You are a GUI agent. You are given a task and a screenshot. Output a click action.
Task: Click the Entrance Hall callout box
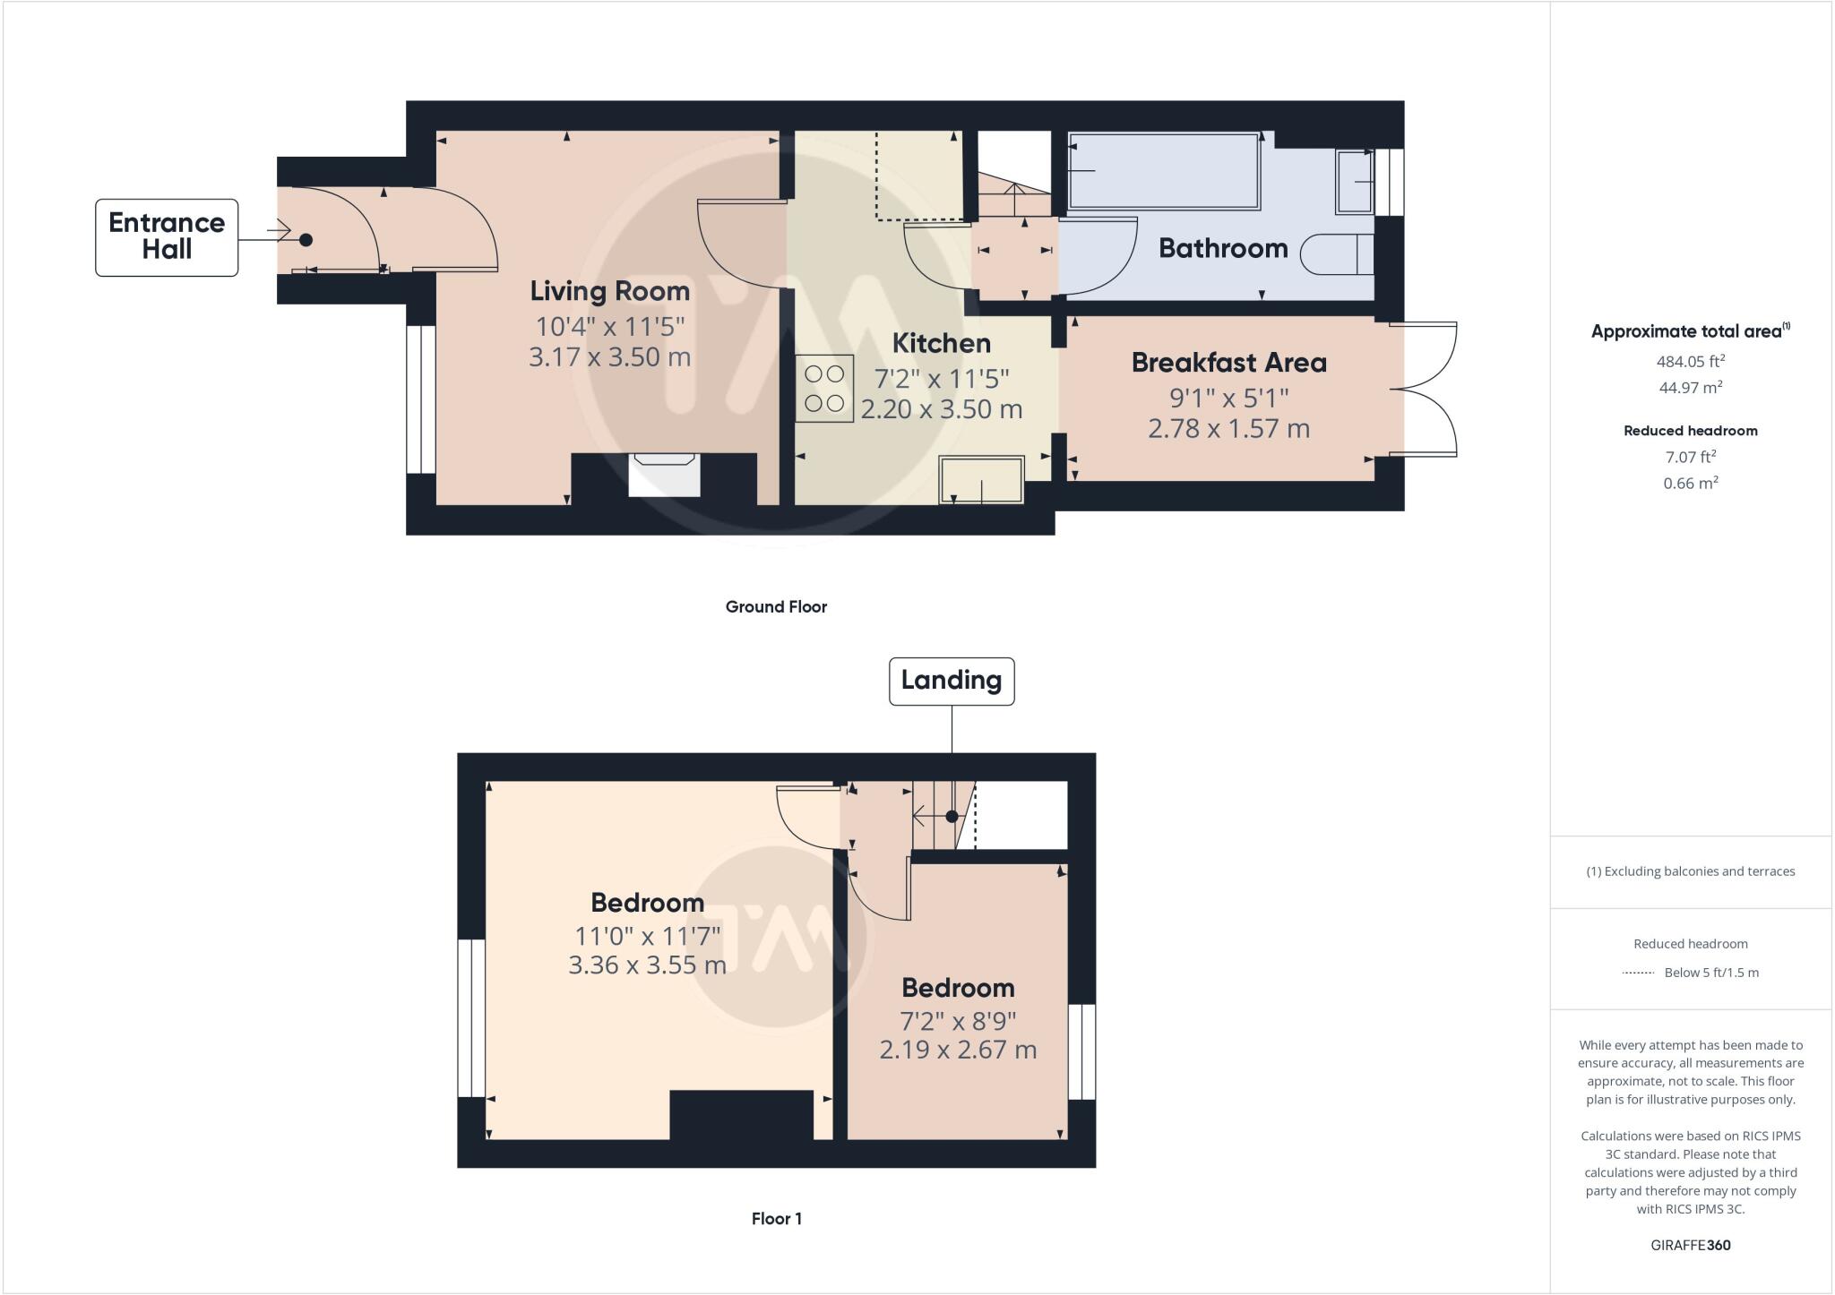tap(167, 237)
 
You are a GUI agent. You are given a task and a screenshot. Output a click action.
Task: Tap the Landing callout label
tap(951, 681)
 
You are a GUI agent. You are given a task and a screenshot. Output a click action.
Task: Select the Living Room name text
tap(609, 291)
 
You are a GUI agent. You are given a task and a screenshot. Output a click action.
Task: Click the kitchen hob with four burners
tap(824, 389)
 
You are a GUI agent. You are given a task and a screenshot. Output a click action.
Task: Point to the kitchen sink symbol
tap(981, 480)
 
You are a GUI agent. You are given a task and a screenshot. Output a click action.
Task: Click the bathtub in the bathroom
tap(1164, 171)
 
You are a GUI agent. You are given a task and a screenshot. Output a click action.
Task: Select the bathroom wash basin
tap(1355, 182)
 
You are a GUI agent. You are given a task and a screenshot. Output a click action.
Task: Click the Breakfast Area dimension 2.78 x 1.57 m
tap(1228, 428)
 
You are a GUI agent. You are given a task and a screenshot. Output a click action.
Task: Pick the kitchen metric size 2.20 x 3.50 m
tap(941, 409)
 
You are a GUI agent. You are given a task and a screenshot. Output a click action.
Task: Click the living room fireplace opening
tap(663, 476)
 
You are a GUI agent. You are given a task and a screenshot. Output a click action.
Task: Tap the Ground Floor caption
tap(776, 607)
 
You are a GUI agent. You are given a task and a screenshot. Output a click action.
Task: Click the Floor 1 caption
tap(776, 1219)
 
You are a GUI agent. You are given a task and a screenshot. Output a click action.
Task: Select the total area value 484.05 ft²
tap(1690, 361)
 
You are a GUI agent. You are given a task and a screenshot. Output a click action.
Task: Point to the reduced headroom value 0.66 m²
tap(1690, 483)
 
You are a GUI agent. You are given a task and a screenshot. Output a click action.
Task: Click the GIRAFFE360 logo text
tap(1690, 1245)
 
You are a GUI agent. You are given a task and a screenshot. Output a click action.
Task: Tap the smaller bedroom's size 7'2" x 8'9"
tap(957, 1021)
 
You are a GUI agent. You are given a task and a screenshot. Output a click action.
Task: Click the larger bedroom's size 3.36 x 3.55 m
tap(647, 965)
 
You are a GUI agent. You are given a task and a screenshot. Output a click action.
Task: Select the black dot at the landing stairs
tap(952, 816)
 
